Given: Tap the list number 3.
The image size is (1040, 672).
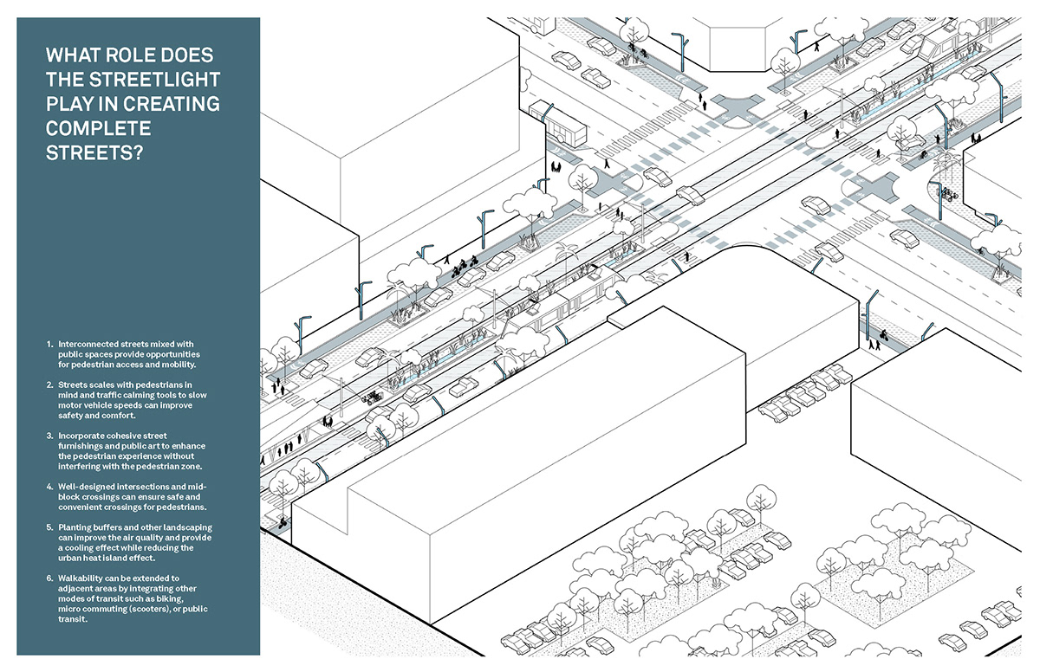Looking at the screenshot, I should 49,433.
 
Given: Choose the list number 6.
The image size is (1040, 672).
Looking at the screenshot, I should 49,578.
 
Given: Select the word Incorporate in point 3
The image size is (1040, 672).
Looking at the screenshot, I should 88,433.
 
